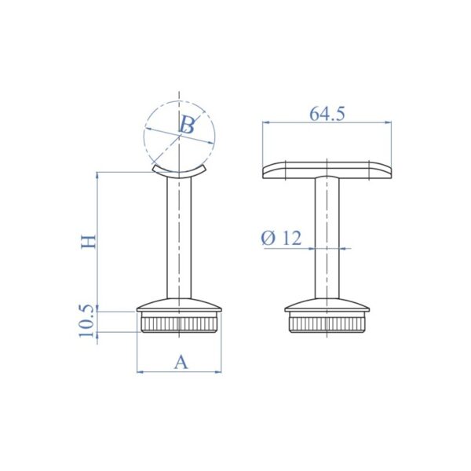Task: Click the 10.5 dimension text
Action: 89,323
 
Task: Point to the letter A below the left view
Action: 181,362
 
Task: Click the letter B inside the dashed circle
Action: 187,125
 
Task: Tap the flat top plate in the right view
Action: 327,170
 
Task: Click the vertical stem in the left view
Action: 180,235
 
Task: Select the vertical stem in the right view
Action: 327,235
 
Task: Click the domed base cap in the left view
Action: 180,305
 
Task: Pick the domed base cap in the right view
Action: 327,305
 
